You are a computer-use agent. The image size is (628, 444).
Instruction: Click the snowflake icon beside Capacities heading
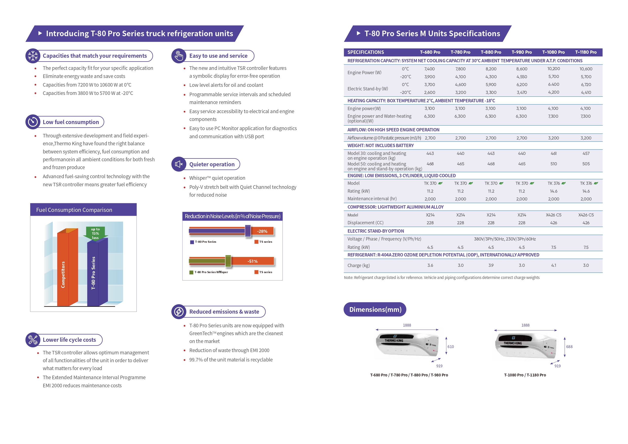(x=33, y=56)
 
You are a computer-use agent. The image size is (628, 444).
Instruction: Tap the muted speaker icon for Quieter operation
(x=179, y=164)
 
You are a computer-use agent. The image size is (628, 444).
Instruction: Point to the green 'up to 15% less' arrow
(x=95, y=233)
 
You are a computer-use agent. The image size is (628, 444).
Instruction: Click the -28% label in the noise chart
(x=262, y=231)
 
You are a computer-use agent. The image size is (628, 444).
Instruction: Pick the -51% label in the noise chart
(x=252, y=261)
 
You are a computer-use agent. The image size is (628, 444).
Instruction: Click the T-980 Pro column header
(x=522, y=52)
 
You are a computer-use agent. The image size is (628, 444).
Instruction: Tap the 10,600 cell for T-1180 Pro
(x=586, y=69)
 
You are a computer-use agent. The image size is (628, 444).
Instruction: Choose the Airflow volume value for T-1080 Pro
(x=554, y=138)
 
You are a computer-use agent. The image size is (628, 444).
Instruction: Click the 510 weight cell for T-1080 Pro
(x=554, y=164)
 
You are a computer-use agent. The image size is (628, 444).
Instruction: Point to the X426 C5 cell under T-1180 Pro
(x=586, y=215)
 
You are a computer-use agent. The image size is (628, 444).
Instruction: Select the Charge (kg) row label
(x=358, y=265)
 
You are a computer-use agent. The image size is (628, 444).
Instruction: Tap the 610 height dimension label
(x=451, y=347)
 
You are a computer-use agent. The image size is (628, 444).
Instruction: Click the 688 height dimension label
(x=569, y=347)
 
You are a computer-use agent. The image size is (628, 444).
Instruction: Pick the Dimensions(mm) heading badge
(x=375, y=309)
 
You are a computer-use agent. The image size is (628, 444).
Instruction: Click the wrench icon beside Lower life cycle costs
(x=33, y=340)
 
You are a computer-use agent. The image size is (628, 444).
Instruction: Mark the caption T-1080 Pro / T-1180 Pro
(x=525, y=375)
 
